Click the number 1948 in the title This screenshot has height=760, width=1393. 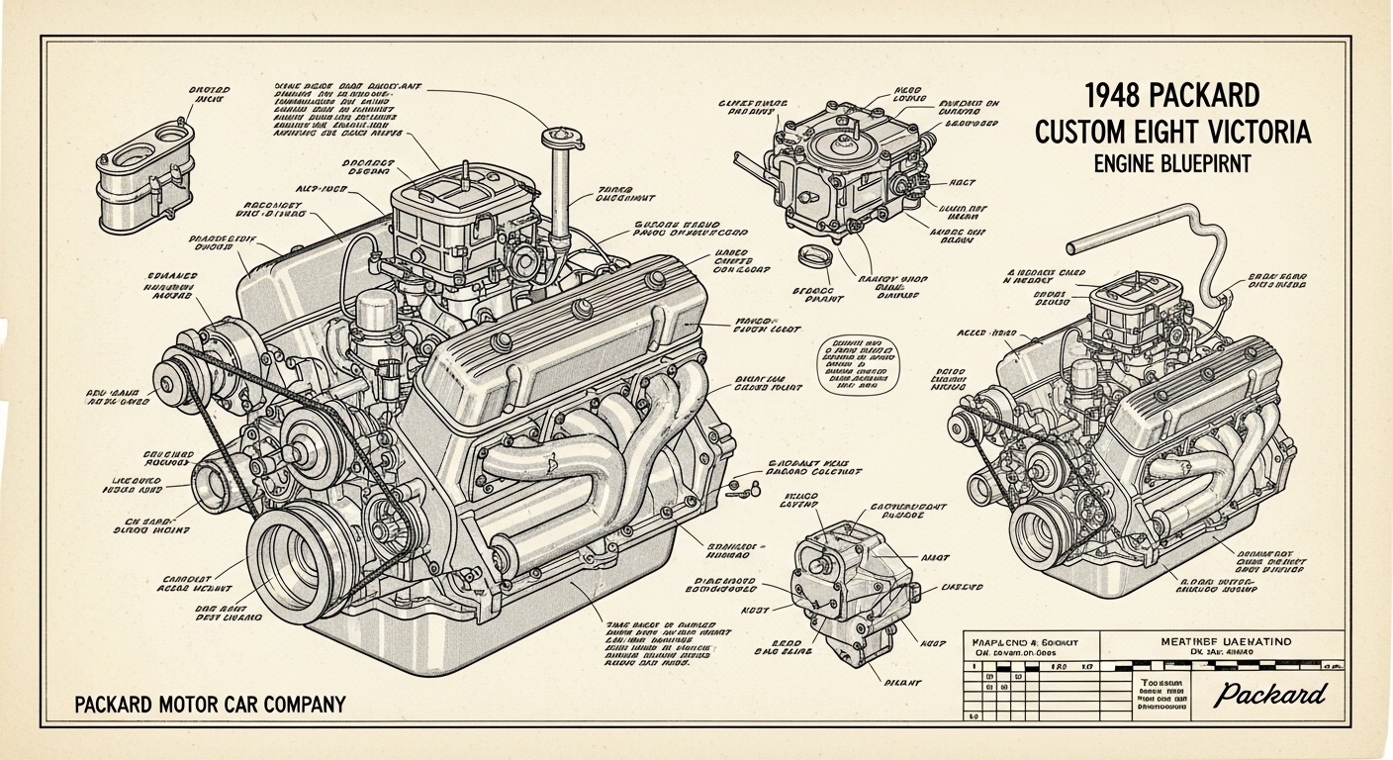point(1114,96)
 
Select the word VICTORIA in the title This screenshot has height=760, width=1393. point(1254,131)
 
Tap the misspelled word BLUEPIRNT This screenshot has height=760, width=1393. point(1200,163)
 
